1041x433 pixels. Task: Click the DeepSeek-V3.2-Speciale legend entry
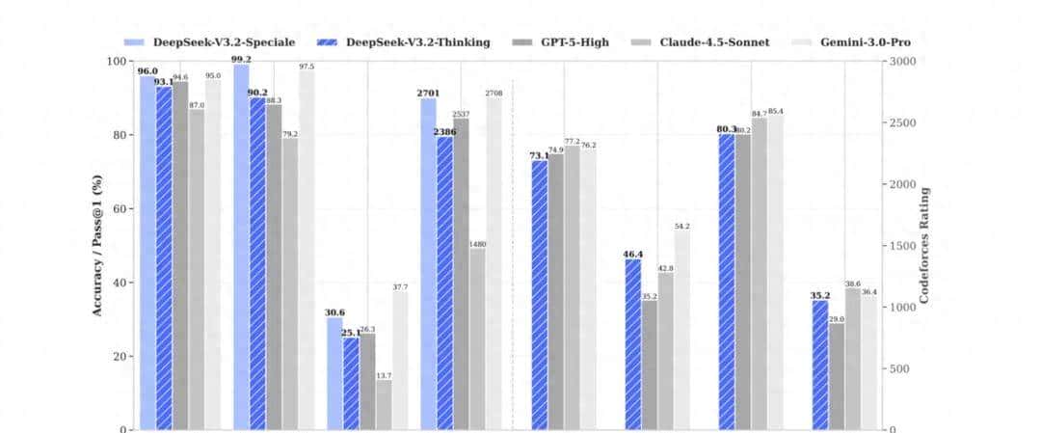210,42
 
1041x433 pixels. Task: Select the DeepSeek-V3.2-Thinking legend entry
404,42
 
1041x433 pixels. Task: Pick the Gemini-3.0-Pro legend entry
847,42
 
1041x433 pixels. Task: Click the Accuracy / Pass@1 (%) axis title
97,245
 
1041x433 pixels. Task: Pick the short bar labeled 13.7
384,404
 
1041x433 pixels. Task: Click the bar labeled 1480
477,338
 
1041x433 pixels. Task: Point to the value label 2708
494,93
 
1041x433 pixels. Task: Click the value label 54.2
682,226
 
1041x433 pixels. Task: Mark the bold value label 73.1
539,155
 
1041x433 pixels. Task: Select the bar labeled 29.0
836,376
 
